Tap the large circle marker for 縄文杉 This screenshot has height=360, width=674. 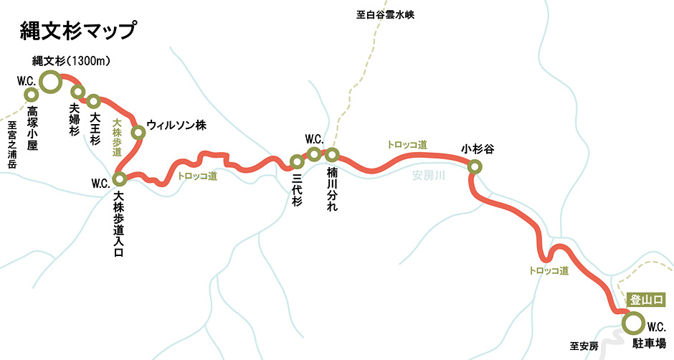coord(50,82)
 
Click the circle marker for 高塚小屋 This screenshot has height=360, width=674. coord(31,95)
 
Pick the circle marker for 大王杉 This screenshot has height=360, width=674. coord(93,100)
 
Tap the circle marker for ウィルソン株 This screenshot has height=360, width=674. coord(138,131)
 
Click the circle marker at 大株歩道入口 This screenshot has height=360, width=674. coord(120,178)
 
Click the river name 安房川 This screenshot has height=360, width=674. coord(429,176)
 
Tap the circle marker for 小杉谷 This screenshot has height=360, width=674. coord(474,167)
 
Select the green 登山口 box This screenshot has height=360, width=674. coord(647,300)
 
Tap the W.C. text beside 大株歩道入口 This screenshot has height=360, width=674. coord(100,183)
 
